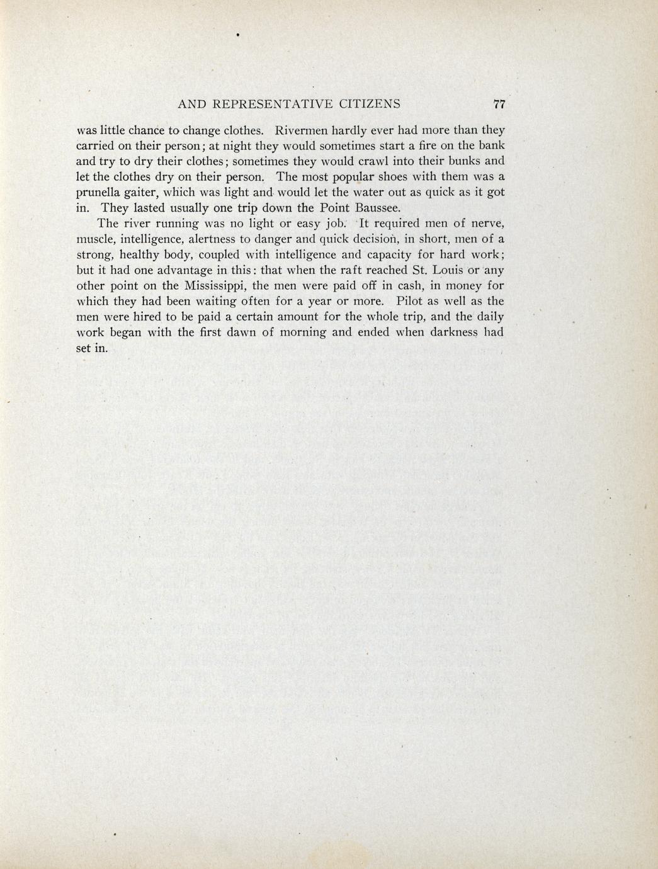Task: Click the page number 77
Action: point(500,105)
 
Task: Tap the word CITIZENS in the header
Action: point(370,105)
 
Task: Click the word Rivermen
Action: point(302,131)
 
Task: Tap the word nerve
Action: point(487,224)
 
